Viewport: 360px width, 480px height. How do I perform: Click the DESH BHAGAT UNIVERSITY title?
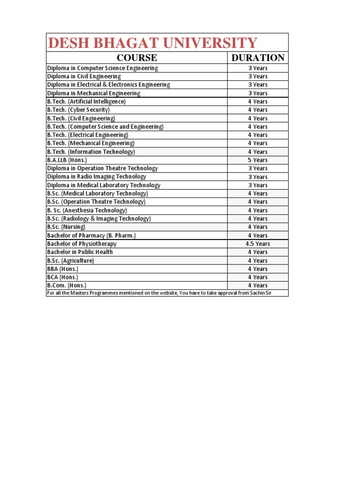pyautogui.click(x=153, y=43)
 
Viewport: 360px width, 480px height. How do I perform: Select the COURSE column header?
pyautogui.click(x=136, y=58)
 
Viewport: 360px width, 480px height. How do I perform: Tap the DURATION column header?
pyautogui.click(x=258, y=58)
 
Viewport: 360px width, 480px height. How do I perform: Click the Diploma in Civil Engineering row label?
pyautogui.click(x=84, y=76)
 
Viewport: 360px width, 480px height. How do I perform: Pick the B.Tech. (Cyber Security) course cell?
pyautogui.click(x=78, y=110)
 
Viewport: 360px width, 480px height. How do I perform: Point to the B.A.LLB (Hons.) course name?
pyautogui.click(x=67, y=160)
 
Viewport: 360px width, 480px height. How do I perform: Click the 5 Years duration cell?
pyautogui.click(x=258, y=160)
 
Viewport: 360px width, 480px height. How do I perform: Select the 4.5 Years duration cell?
pyautogui.click(x=258, y=244)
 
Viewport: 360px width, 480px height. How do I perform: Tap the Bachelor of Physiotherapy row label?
pyautogui.click(x=82, y=244)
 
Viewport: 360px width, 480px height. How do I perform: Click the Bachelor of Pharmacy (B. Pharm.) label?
pyautogui.click(x=91, y=235)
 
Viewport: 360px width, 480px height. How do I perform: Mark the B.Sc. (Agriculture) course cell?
pyautogui.click(x=70, y=260)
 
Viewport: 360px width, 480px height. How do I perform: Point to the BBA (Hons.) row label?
pyautogui.click(x=62, y=269)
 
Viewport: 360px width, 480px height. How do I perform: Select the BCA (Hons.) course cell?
pyautogui.click(x=62, y=277)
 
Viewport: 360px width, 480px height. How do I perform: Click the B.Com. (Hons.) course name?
pyautogui.click(x=67, y=285)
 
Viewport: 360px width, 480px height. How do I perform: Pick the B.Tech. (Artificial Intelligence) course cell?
pyautogui.click(x=86, y=101)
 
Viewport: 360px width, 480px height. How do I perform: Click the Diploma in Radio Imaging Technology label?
pyautogui.click(x=97, y=177)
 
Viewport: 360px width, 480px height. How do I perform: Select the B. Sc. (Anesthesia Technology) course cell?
pyautogui.click(x=87, y=210)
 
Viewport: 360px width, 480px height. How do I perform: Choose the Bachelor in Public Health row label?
pyautogui.click(x=80, y=252)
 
